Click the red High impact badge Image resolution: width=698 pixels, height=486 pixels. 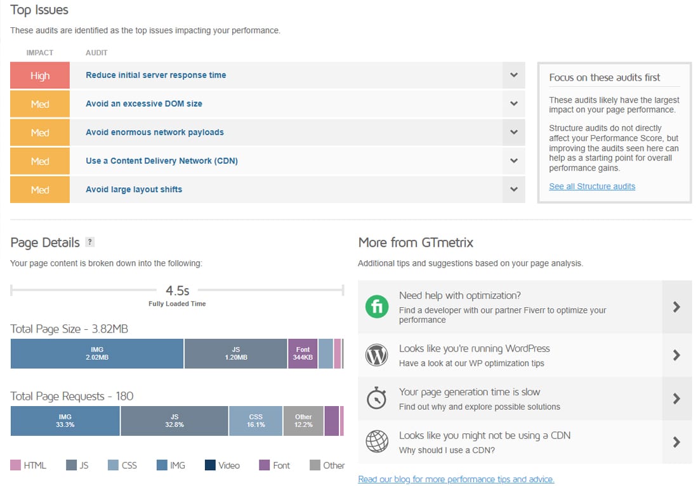tap(40, 76)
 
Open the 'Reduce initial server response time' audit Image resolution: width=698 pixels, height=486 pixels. tap(155, 75)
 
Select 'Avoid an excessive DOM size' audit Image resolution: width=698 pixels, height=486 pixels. tap(144, 103)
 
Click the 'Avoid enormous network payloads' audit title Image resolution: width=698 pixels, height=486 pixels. tap(154, 132)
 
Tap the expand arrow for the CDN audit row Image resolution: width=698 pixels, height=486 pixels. tap(514, 161)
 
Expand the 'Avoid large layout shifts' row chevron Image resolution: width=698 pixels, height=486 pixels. tap(514, 190)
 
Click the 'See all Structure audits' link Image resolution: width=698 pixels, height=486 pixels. tap(591, 187)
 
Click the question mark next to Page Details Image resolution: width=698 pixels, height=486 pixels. tap(90, 242)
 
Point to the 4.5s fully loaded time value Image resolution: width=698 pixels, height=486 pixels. tap(177, 291)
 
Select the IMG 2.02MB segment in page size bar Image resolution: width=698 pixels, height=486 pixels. tap(96, 353)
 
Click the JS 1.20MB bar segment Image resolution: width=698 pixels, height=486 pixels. tap(235, 353)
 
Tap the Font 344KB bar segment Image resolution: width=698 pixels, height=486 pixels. tap(303, 353)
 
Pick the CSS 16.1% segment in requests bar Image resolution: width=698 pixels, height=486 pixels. tap(255, 421)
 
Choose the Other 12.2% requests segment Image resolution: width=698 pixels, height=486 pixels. tap(303, 421)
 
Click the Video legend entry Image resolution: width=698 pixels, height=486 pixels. tap(222, 465)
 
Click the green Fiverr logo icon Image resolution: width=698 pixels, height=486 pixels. tap(376, 308)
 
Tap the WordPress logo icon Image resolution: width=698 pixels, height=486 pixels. tap(376, 355)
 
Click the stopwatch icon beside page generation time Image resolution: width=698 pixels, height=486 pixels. tap(376, 398)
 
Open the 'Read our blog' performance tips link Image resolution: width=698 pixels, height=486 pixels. tap(456, 479)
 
